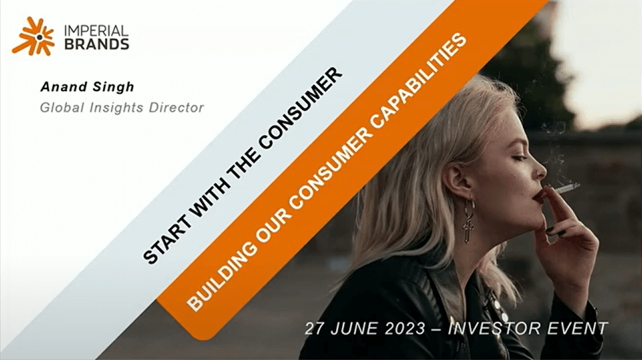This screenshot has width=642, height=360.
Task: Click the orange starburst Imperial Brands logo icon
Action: pyautogui.click(x=33, y=36)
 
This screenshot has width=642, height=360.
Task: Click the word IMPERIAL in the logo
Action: pyautogui.click(x=96, y=31)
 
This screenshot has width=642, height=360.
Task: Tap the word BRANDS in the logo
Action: pyautogui.click(x=96, y=44)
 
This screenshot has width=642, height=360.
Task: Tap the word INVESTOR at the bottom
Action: pyautogui.click(x=492, y=329)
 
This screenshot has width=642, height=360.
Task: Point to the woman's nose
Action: pyautogui.click(x=540, y=169)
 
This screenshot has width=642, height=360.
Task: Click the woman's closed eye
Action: pyautogui.click(x=518, y=158)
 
